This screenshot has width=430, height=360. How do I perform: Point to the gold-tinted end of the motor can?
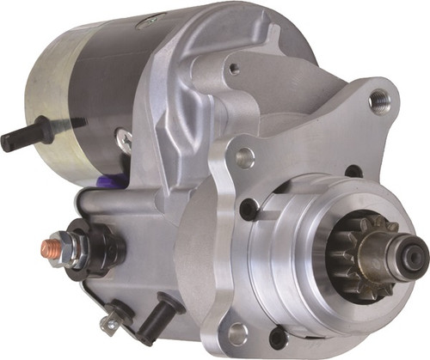[39, 103]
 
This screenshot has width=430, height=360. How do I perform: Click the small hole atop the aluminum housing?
[232, 69]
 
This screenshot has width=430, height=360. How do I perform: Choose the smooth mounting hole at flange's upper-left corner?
[246, 157]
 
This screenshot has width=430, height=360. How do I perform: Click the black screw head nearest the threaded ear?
[353, 171]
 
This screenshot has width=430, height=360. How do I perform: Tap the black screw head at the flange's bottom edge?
[277, 338]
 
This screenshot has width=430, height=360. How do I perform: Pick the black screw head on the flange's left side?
[249, 209]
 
